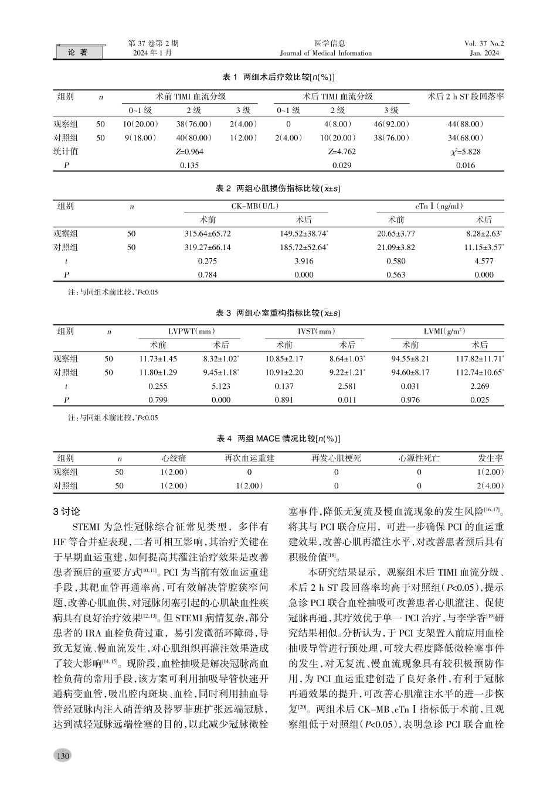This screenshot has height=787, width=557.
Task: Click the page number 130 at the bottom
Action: tap(63, 756)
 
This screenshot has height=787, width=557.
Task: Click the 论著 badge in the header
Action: tap(78, 53)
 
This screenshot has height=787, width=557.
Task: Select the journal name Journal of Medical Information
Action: tap(326, 53)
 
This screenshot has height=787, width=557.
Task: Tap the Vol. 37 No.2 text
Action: tap(484, 43)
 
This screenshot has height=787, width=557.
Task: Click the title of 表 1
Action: tap(279, 77)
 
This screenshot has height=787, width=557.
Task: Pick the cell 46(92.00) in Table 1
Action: tap(391, 124)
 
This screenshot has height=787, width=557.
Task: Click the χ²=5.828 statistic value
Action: tap(466, 152)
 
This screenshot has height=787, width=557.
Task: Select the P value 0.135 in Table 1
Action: tap(190, 166)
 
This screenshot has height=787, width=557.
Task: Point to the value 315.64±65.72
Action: tap(208, 234)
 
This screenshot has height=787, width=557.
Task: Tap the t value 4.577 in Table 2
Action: tap(484, 261)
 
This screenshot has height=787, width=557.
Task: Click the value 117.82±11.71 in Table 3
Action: tap(480, 359)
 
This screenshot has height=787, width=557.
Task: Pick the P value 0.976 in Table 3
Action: tap(410, 401)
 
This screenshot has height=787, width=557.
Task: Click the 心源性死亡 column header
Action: tap(419, 458)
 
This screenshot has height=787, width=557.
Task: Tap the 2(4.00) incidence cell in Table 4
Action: tap(490, 485)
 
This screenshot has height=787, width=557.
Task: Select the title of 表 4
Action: tap(279, 439)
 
